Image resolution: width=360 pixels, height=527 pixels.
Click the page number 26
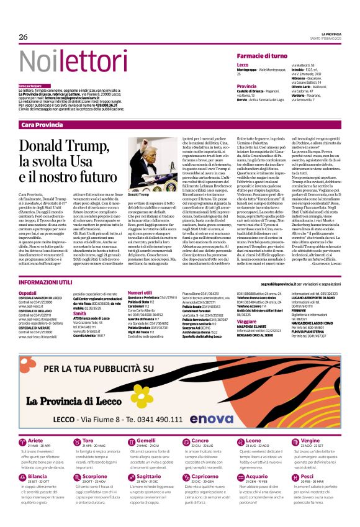[x=23, y=37]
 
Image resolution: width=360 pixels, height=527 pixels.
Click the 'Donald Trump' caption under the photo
[x=138, y=194]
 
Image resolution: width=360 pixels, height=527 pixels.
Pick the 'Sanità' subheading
[x=79, y=314]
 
